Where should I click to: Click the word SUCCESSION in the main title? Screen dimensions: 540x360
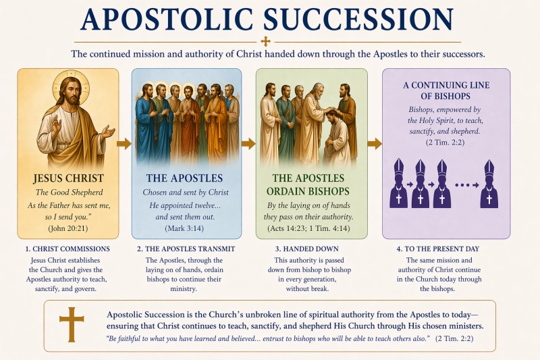(358, 20)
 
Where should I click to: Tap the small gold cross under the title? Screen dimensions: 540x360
(265, 42)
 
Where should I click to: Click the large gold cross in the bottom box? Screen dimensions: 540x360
(72, 324)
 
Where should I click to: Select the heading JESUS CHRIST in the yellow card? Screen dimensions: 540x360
(69, 178)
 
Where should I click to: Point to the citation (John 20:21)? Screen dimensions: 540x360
(68, 228)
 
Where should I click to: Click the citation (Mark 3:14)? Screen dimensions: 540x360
(184, 228)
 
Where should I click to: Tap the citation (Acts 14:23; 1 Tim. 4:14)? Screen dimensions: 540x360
(308, 228)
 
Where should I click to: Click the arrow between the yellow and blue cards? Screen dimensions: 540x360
(124, 144)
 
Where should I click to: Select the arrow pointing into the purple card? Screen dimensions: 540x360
(375, 144)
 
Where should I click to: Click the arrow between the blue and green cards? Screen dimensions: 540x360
(248, 144)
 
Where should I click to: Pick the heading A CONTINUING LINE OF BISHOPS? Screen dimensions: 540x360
(446, 91)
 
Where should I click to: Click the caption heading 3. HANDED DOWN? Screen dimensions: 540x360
(307, 249)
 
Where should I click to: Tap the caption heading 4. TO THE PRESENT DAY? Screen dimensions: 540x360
(437, 249)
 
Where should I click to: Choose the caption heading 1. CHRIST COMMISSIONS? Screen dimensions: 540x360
(67, 249)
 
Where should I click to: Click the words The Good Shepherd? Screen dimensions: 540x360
(70, 192)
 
